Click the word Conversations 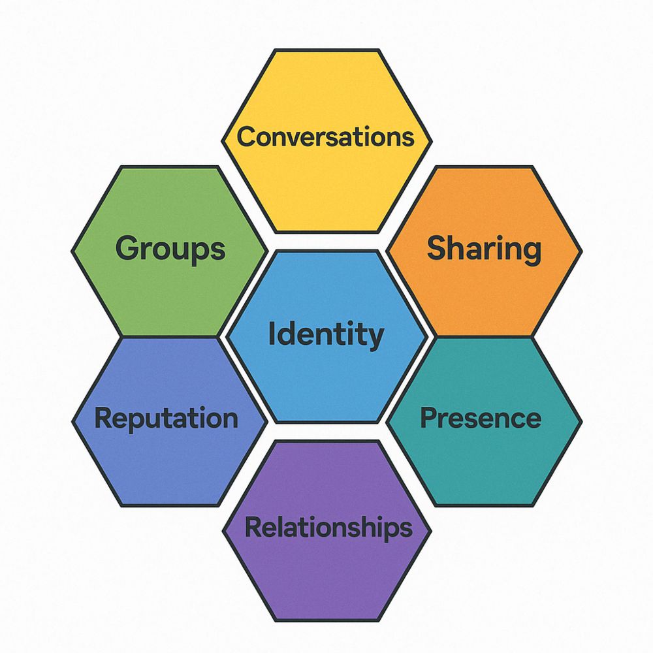point(326,137)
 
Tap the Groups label point(170,249)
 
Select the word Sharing point(484,249)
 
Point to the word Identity point(326,334)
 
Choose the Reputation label point(166,419)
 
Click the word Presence point(481,418)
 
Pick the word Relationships point(328,528)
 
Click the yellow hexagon point(327,141)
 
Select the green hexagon point(170,251)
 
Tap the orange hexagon point(484,251)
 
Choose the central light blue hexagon point(327,336)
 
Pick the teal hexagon point(484,421)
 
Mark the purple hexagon point(327,531)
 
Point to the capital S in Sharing point(438,247)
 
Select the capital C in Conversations point(247,137)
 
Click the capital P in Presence point(429,418)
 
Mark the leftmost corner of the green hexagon point(72,251)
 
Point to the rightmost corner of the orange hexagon point(582,251)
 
